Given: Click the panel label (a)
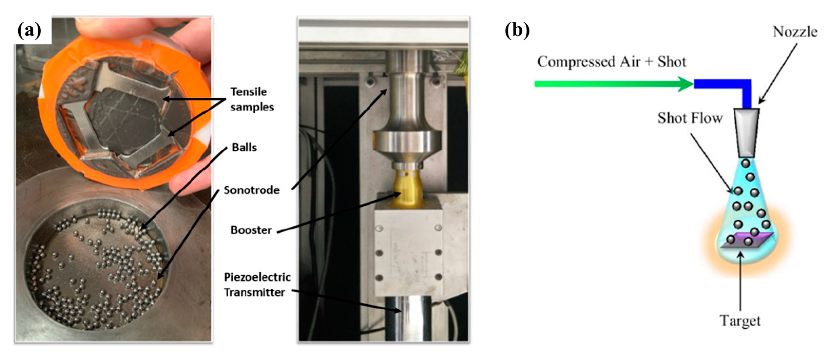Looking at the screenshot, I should pyautogui.click(x=30, y=31).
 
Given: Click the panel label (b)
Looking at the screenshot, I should pyautogui.click(x=517, y=31).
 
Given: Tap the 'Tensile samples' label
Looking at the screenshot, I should pyautogui.click(x=252, y=99).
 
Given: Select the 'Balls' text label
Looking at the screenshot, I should pyautogui.click(x=244, y=148).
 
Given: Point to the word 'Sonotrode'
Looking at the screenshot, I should pyautogui.click(x=252, y=190).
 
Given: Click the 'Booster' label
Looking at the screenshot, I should pyautogui.click(x=251, y=230).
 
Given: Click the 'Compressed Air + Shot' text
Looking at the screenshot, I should pyautogui.click(x=611, y=62).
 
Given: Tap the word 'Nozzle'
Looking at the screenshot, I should pyautogui.click(x=795, y=32).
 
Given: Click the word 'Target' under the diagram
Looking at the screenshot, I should pyautogui.click(x=740, y=321).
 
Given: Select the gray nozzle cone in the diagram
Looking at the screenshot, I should pyautogui.click(x=747, y=132).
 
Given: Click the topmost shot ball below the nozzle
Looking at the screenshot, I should pyautogui.click(x=746, y=163).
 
